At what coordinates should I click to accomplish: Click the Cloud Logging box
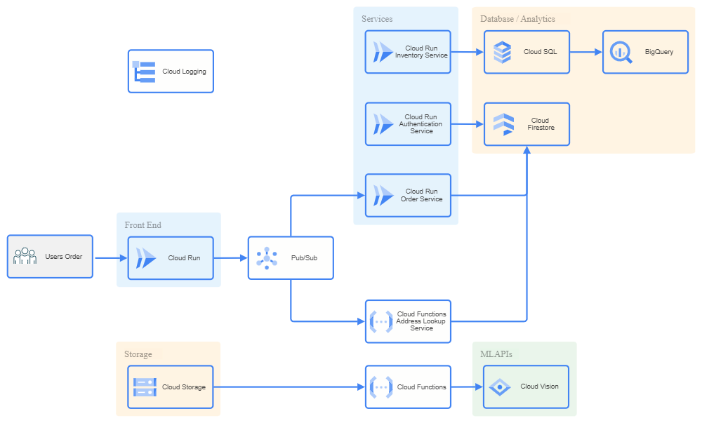[170, 71]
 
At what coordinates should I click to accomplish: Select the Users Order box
[50, 257]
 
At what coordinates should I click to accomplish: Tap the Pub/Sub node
[291, 258]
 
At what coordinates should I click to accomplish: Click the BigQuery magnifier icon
[621, 52]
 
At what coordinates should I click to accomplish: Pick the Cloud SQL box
[526, 52]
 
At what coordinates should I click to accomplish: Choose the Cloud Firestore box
[526, 124]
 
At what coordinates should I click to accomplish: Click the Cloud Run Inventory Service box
[408, 52]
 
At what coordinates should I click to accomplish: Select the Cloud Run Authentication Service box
[408, 124]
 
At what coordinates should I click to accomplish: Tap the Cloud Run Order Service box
[408, 195]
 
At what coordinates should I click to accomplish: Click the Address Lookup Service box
[408, 321]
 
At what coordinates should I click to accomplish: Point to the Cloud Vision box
[526, 387]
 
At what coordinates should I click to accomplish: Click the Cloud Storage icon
[145, 387]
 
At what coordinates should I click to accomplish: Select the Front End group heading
[143, 225]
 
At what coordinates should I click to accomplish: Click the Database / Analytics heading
[517, 19]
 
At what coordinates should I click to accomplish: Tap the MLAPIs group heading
[496, 354]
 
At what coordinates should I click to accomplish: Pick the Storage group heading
[138, 354]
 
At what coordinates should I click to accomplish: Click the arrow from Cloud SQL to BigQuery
[585, 52]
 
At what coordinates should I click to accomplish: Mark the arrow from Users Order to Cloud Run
[110, 258]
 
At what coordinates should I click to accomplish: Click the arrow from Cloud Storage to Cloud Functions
[288, 387]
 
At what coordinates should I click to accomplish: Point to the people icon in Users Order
[25, 256]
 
